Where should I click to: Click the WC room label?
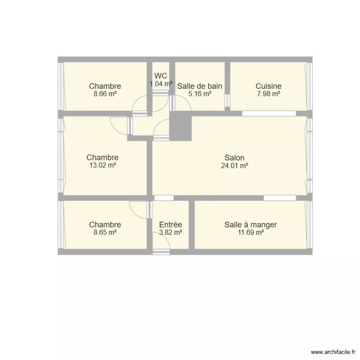(x=161, y=76)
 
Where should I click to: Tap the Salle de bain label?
(x=200, y=86)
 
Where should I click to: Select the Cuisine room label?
(x=268, y=86)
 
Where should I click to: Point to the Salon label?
(x=234, y=157)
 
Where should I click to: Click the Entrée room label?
(x=170, y=225)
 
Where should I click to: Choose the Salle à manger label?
(x=251, y=225)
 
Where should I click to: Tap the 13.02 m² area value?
(x=102, y=165)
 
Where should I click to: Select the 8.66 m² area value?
(x=105, y=94)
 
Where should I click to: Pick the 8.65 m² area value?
(x=105, y=232)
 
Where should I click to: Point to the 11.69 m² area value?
(x=251, y=232)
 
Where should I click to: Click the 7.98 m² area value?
(x=268, y=94)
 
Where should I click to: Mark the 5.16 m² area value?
(x=200, y=94)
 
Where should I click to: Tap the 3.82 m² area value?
(x=170, y=232)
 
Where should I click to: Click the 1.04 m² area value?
(x=161, y=84)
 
